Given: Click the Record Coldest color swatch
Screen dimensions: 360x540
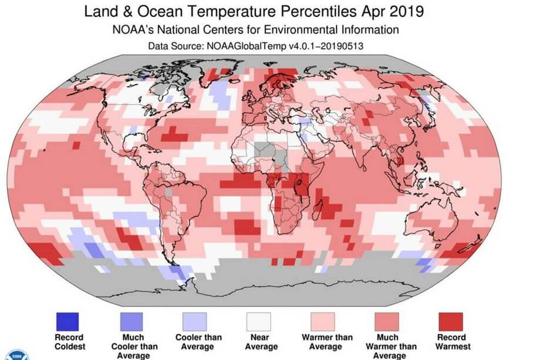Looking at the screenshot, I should pyautogui.click(x=67, y=321).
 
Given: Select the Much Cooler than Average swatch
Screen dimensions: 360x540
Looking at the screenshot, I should pyautogui.click(x=131, y=321).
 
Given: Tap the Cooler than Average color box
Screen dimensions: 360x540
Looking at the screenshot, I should pyautogui.click(x=194, y=321).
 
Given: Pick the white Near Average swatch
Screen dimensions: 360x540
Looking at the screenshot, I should pyautogui.click(x=258, y=321).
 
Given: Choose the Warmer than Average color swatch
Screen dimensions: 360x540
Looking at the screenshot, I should pyautogui.click(x=322, y=321).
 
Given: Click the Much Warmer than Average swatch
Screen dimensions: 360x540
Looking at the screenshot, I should pyautogui.click(x=386, y=321).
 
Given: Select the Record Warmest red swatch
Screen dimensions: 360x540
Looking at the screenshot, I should pyautogui.click(x=450, y=321).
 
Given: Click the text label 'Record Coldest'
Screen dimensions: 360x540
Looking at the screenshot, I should pyautogui.click(x=69, y=342).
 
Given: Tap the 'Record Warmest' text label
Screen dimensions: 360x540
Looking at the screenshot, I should pyautogui.click(x=453, y=342).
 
